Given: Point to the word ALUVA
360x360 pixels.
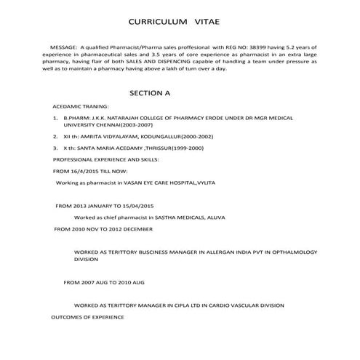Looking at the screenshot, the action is (218, 217).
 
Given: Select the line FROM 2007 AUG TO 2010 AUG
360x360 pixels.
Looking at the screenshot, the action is (105, 281).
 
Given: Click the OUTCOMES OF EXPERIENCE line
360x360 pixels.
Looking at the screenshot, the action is (87, 317).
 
